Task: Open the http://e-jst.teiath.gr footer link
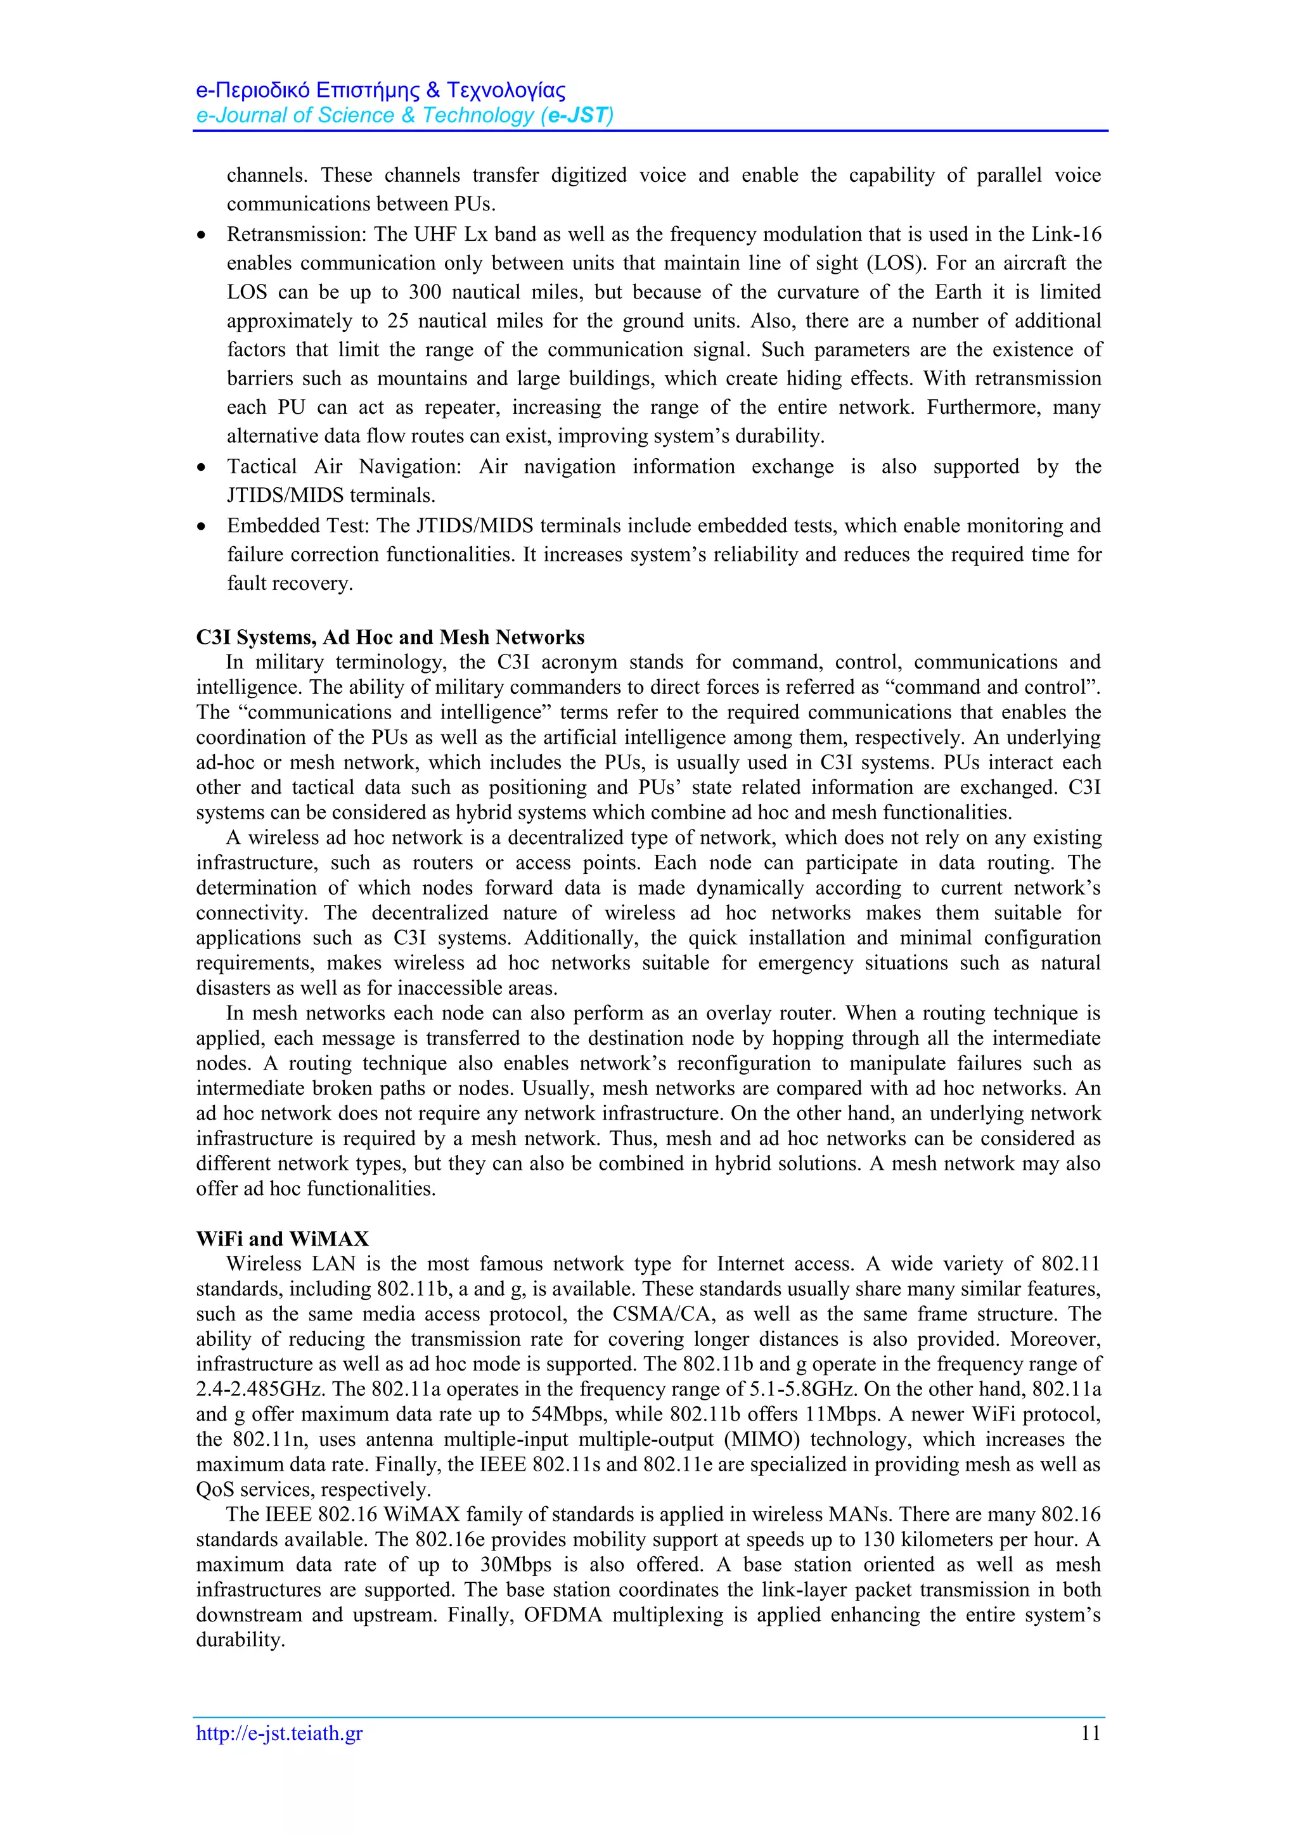[x=279, y=1734]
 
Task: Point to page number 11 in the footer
[x=1090, y=1733]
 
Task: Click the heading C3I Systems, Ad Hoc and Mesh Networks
[x=390, y=637]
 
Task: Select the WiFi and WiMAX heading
[x=282, y=1239]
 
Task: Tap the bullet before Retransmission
[x=203, y=236]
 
